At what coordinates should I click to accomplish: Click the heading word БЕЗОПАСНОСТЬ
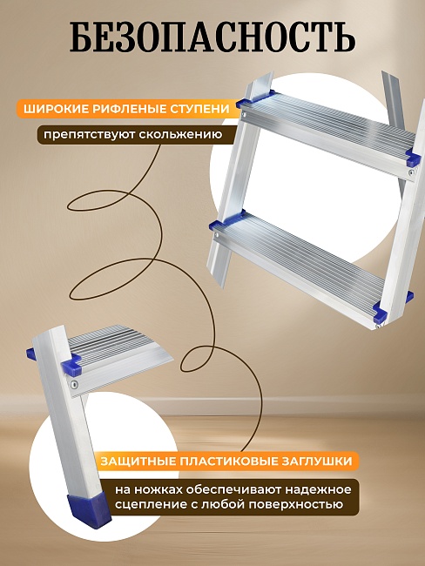[212, 37]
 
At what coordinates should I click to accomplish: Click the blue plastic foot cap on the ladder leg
[90, 510]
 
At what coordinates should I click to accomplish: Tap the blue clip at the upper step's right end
[413, 158]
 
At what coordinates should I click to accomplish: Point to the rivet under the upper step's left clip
[245, 115]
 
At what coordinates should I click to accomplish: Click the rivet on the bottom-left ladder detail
[75, 385]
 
